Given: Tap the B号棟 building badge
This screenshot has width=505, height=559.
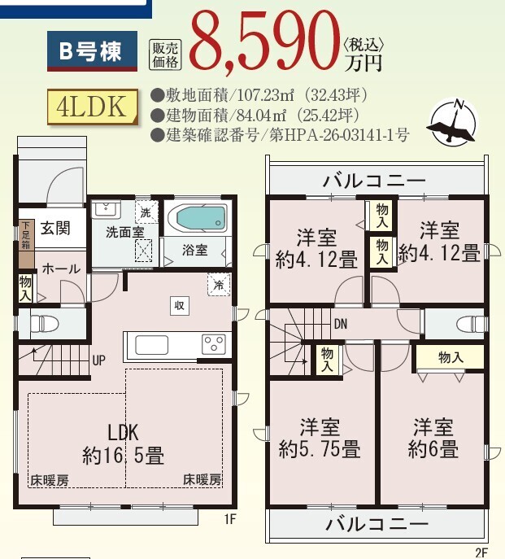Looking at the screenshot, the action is tap(92, 51).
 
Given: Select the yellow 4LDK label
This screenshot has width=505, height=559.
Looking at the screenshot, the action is tap(93, 107).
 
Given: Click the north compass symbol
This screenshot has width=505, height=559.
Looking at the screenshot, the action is tap(453, 122).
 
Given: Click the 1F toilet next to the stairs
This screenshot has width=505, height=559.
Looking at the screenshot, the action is tap(44, 323).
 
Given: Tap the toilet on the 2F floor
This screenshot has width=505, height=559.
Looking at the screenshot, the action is tap(470, 325).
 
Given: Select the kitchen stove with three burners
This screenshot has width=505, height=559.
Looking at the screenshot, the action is tap(214, 344).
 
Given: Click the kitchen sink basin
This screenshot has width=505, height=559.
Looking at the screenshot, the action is tap(151, 345).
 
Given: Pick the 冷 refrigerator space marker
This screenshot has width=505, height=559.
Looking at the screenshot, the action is tap(219, 285).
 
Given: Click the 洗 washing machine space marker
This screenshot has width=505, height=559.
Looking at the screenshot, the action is tap(146, 212).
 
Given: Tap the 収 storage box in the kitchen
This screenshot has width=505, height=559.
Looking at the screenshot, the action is tap(179, 305).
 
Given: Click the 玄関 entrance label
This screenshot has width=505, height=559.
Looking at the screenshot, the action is tap(55, 228).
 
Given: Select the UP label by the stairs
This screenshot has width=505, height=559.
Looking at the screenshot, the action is tap(98, 360).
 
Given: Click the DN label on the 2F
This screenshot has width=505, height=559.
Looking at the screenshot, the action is tap(341, 324).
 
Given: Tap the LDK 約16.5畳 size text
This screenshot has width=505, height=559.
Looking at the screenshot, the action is tap(124, 443).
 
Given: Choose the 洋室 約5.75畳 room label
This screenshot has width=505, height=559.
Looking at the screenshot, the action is tap(320, 438).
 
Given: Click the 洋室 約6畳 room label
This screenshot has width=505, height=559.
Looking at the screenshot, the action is tap(433, 438).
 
